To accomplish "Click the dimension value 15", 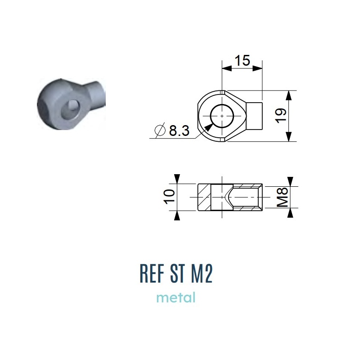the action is click(242, 61).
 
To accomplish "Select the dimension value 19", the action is click(281, 116).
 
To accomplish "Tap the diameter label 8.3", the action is click(179, 130).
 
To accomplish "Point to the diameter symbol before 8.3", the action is click(160, 130).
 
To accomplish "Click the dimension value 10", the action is click(169, 197).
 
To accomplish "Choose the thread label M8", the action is click(282, 197).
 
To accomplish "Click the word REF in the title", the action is click(152, 274).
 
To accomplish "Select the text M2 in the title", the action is click(202, 274).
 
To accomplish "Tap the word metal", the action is click(176, 297).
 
